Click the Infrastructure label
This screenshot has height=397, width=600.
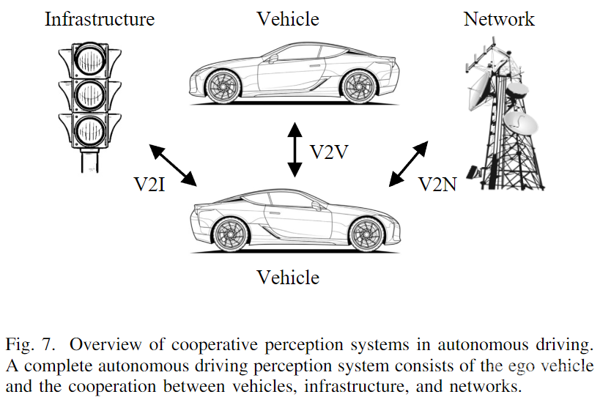(x=100, y=18)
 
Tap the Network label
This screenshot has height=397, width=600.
(x=499, y=18)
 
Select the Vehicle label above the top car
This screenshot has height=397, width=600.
(x=288, y=18)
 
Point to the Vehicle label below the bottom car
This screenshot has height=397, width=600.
(x=288, y=278)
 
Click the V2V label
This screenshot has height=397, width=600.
(x=328, y=152)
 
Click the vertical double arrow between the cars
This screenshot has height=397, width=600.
(x=294, y=150)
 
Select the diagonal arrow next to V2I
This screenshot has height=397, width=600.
(x=174, y=165)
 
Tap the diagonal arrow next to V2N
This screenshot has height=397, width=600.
(x=409, y=165)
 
